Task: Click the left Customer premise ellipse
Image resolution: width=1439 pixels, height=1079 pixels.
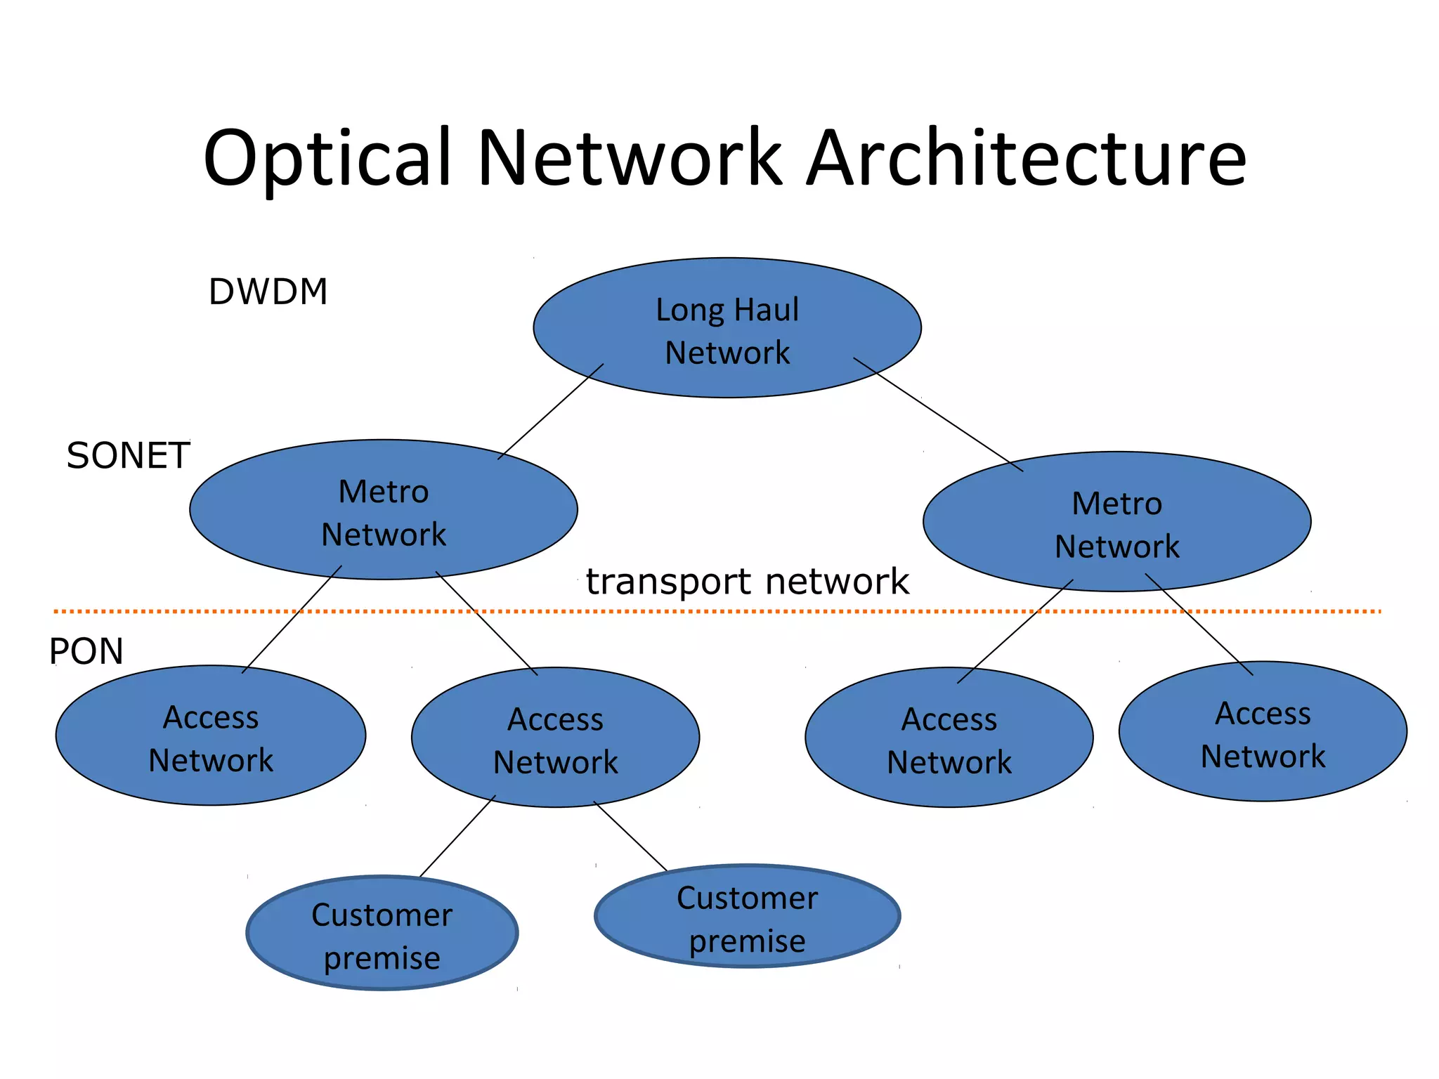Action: coord(382,934)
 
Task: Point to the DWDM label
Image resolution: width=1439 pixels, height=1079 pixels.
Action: coord(268,292)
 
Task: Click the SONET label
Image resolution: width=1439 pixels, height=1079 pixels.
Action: coord(128,456)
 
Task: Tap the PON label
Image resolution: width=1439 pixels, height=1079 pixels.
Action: coord(86,651)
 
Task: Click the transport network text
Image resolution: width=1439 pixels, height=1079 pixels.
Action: coord(747,582)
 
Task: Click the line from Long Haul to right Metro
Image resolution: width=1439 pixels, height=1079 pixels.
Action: coord(938,414)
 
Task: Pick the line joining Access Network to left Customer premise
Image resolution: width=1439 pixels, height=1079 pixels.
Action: coord(457,836)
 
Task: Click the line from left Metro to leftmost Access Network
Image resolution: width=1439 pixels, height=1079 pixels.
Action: coord(292,620)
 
